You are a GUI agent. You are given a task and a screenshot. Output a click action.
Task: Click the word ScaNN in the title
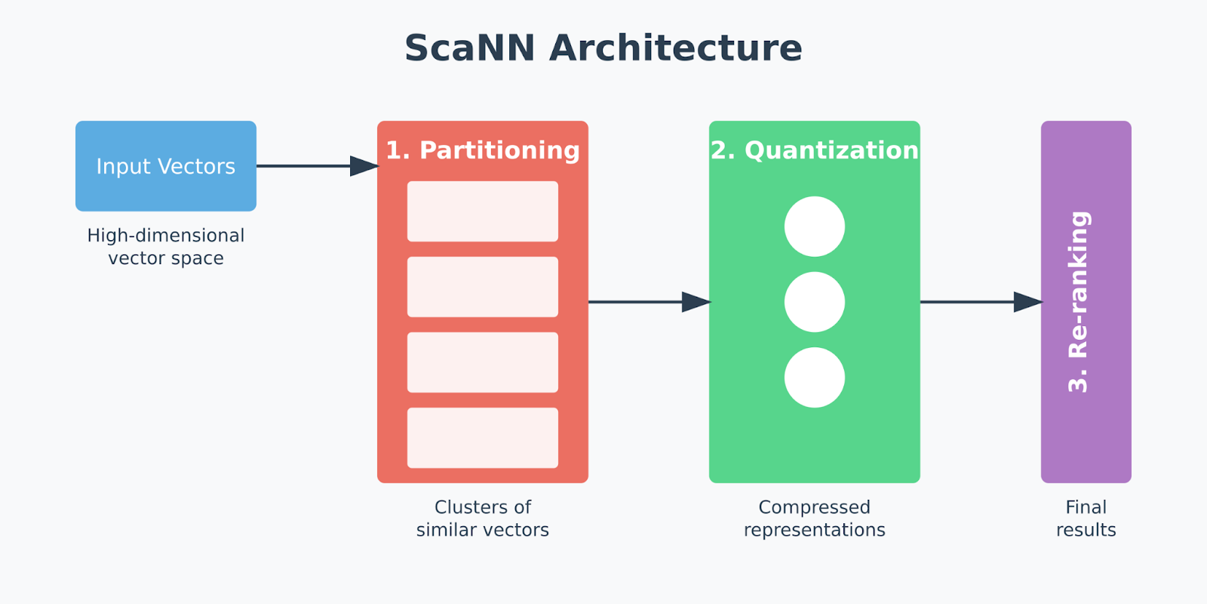[x=469, y=48]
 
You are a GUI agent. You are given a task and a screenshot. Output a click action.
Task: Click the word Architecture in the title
[x=675, y=48]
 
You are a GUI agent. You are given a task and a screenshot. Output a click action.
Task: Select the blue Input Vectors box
[x=166, y=166]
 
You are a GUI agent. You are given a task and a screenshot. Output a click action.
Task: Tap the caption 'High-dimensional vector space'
[x=166, y=247]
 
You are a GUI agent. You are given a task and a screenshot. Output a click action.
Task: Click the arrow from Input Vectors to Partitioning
[x=317, y=166]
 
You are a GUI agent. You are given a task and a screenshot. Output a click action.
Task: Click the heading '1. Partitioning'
[x=483, y=150]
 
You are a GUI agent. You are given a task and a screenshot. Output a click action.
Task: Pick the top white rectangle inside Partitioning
[x=483, y=211]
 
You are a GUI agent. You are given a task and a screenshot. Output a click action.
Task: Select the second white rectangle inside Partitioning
[x=483, y=287]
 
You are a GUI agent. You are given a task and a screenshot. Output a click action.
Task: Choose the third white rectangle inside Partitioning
[x=483, y=362]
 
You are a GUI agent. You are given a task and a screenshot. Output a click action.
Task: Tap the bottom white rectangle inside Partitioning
[x=483, y=438]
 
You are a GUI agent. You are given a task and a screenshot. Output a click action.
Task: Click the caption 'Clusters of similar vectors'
[x=483, y=519]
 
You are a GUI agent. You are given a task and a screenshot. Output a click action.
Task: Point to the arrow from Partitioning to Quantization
[x=649, y=302]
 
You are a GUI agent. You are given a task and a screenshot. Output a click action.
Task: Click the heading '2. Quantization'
[x=815, y=150]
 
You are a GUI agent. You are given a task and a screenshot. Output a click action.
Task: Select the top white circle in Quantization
[x=815, y=226]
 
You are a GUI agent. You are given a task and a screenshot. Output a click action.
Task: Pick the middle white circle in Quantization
[x=815, y=302]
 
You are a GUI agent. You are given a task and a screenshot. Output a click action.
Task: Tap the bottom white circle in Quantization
[x=815, y=377]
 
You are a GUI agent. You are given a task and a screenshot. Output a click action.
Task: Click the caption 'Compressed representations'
[x=815, y=519]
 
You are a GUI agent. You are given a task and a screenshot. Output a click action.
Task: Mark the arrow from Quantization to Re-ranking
[x=981, y=302]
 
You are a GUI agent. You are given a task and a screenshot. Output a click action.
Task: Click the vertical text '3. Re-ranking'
[x=1079, y=302]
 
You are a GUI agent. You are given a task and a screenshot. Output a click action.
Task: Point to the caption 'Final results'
[x=1086, y=519]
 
